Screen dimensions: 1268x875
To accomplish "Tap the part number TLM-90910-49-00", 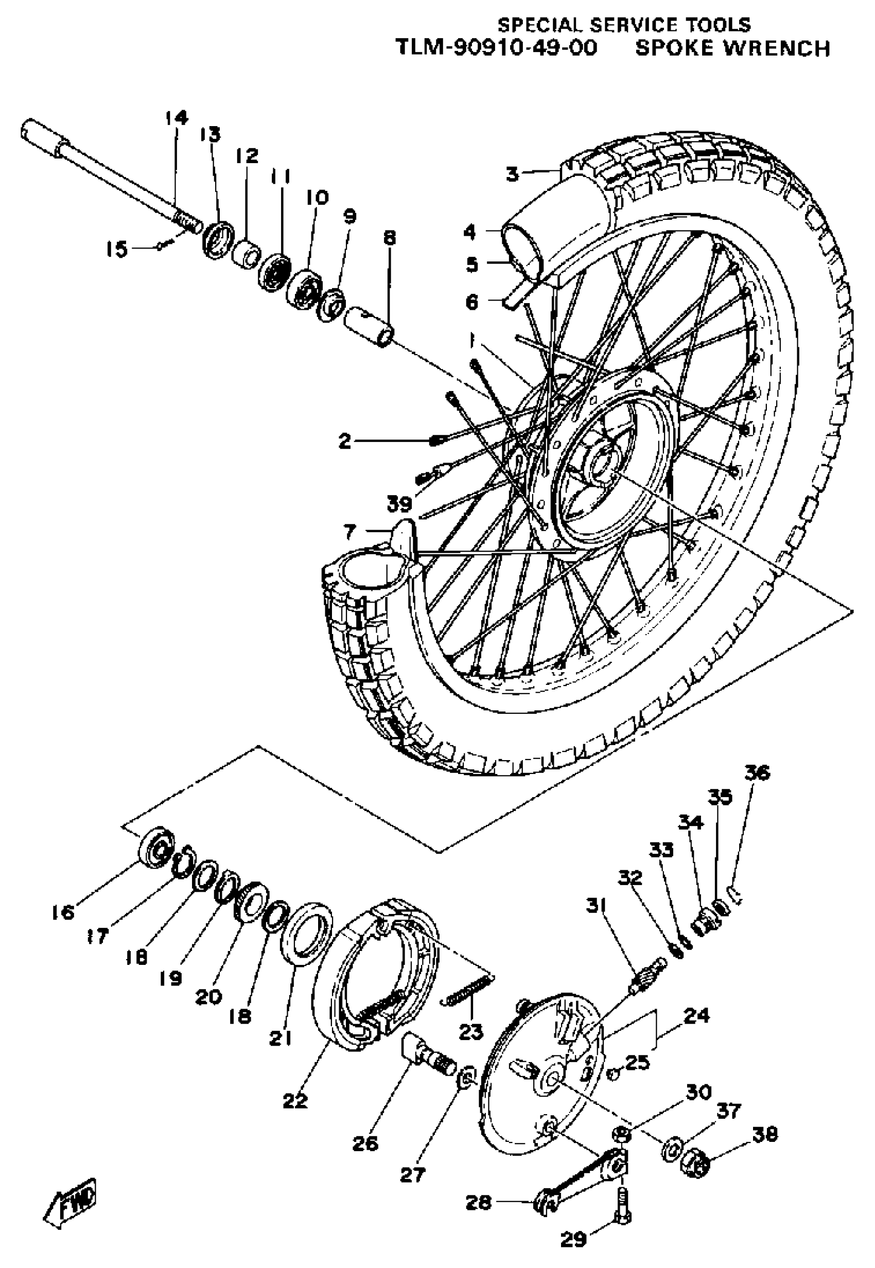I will click(496, 48).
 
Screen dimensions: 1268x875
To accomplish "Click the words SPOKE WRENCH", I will click(732, 48).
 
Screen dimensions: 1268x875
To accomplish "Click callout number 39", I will click(399, 503).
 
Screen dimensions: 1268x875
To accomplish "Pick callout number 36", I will click(757, 773).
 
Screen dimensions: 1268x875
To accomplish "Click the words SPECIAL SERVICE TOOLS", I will click(623, 25).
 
